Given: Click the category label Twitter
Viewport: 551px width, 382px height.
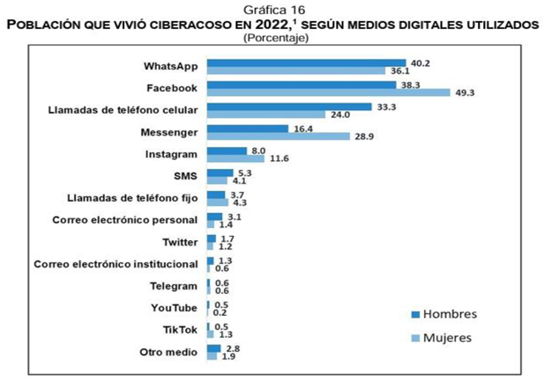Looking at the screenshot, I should click(x=179, y=242).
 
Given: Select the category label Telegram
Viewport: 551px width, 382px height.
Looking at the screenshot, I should click(x=175, y=286).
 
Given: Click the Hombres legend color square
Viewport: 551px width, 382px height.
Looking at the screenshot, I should click(x=416, y=314).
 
